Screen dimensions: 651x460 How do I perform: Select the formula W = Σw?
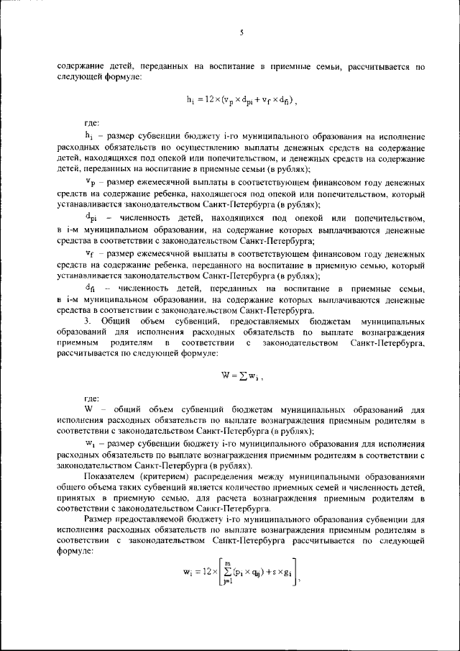(x=244, y=375)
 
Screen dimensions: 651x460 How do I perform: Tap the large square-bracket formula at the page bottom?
(x=241, y=573)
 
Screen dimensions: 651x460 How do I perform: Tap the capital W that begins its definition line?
(x=89, y=409)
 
